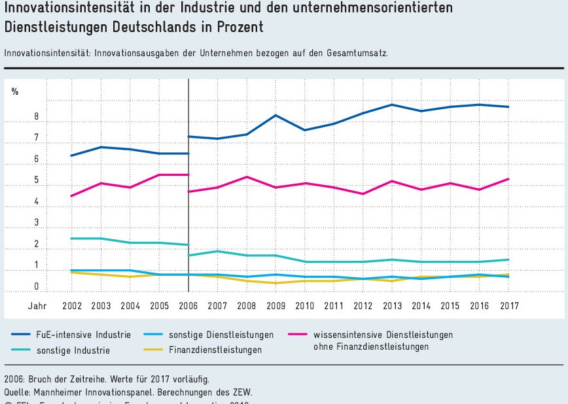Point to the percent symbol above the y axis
pyautogui.click(x=15, y=92)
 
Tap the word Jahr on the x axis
pyautogui.click(x=37, y=305)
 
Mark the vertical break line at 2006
pyautogui.click(x=188, y=196)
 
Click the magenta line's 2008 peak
pyautogui.click(x=245, y=177)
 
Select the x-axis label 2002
pyautogui.click(x=71, y=305)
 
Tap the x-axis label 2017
pyautogui.click(x=508, y=305)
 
